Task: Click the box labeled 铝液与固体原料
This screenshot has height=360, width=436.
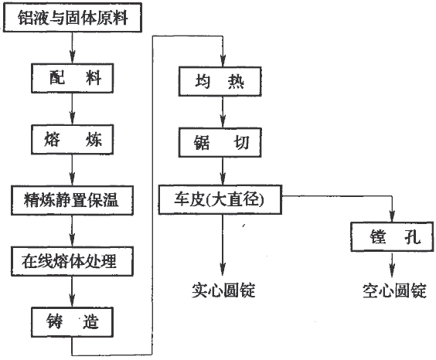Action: (73, 18)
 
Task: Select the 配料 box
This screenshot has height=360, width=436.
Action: (73, 78)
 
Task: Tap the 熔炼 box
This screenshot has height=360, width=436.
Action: (73, 139)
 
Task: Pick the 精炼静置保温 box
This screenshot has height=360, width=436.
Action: (73, 200)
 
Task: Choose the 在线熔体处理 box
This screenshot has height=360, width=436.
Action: (73, 261)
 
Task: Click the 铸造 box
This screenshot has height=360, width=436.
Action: (73, 322)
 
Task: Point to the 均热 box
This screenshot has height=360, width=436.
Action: (220, 81)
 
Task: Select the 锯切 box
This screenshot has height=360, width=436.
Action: (220, 142)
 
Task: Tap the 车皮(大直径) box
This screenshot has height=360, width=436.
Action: (220, 200)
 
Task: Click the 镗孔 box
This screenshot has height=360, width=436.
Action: (393, 236)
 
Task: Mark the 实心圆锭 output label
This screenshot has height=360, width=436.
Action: (223, 290)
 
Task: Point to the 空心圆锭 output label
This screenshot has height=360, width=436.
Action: (394, 290)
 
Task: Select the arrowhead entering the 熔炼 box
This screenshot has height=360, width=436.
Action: (73, 119)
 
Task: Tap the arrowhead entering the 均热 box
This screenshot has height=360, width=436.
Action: (223, 60)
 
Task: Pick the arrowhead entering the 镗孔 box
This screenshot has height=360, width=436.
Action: (392, 216)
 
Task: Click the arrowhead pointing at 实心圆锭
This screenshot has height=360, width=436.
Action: (223, 270)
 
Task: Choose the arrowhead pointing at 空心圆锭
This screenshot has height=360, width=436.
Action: (392, 270)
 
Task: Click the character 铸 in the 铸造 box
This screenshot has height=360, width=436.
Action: (54, 321)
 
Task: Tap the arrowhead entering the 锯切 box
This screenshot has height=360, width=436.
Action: (223, 121)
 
